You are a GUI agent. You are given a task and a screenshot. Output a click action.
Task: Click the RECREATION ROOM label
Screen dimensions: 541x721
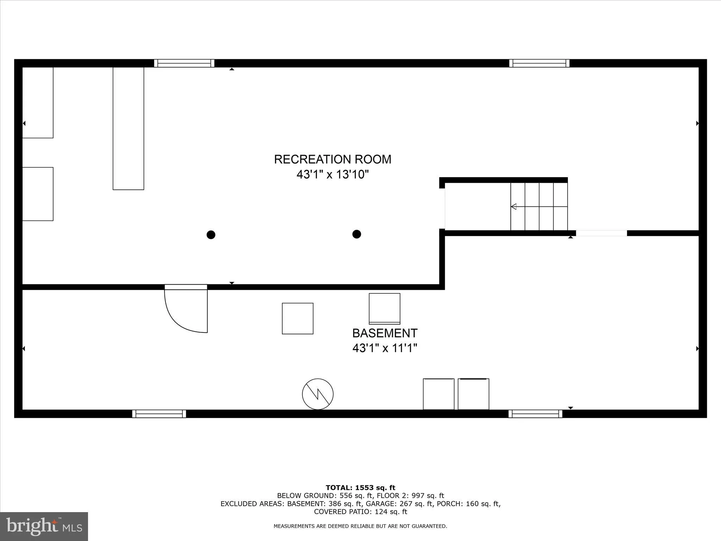point(332,159)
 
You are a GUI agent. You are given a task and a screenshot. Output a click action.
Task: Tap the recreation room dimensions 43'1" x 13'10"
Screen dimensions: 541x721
point(332,174)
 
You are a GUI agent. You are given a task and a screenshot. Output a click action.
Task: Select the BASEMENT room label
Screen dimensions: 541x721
point(385,333)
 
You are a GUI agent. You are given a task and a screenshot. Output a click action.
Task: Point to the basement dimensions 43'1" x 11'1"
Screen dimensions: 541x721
point(385,348)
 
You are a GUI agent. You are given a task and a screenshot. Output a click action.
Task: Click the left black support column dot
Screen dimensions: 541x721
point(211,235)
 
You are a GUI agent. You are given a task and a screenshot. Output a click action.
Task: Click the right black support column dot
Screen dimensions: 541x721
point(357,234)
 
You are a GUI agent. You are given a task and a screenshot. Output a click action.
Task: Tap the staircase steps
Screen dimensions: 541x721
point(539,206)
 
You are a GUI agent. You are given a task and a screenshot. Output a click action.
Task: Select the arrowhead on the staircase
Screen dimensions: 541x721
point(514,206)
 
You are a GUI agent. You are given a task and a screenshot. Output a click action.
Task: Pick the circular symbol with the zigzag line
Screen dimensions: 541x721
point(318,394)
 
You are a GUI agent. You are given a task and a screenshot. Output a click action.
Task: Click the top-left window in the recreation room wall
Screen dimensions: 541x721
point(184,63)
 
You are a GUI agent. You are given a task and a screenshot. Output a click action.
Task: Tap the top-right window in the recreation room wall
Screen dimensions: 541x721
point(539,63)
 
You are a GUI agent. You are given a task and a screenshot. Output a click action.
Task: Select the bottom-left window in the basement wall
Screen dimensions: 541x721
point(159,413)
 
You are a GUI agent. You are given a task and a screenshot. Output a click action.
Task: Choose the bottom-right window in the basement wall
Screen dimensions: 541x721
point(535,413)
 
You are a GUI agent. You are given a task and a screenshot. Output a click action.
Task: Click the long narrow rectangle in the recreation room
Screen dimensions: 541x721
point(128,129)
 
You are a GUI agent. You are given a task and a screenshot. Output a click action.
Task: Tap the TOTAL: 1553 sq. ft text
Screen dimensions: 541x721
point(360,488)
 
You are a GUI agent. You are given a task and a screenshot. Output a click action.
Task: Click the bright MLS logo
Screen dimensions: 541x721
point(44,526)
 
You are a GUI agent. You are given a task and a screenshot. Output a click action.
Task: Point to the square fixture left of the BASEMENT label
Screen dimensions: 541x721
point(297,318)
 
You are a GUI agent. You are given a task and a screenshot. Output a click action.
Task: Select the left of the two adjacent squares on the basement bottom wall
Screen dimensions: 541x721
point(438,394)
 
